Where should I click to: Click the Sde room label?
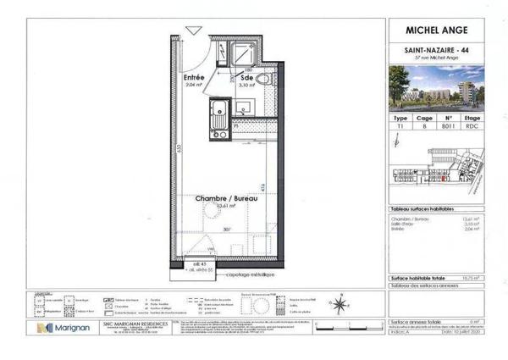[247, 80]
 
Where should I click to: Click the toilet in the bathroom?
[263, 81]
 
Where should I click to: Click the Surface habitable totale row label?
[415, 277]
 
